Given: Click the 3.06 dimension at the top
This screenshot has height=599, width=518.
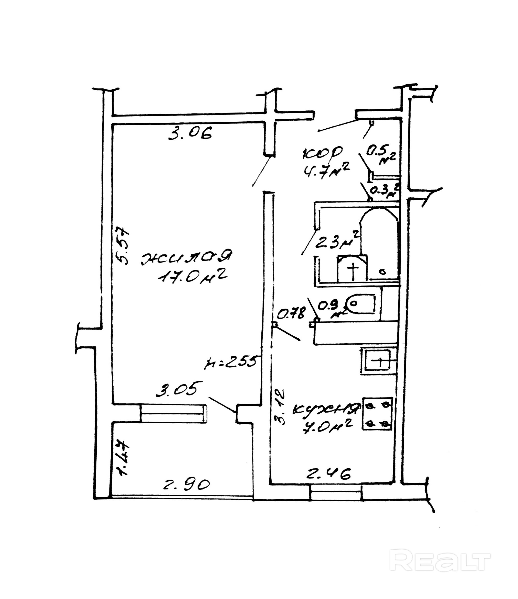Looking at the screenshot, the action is tap(190, 133).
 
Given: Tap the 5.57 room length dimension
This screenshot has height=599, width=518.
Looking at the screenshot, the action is tap(122, 246).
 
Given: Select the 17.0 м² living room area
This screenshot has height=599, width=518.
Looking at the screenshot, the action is tap(192, 277).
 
